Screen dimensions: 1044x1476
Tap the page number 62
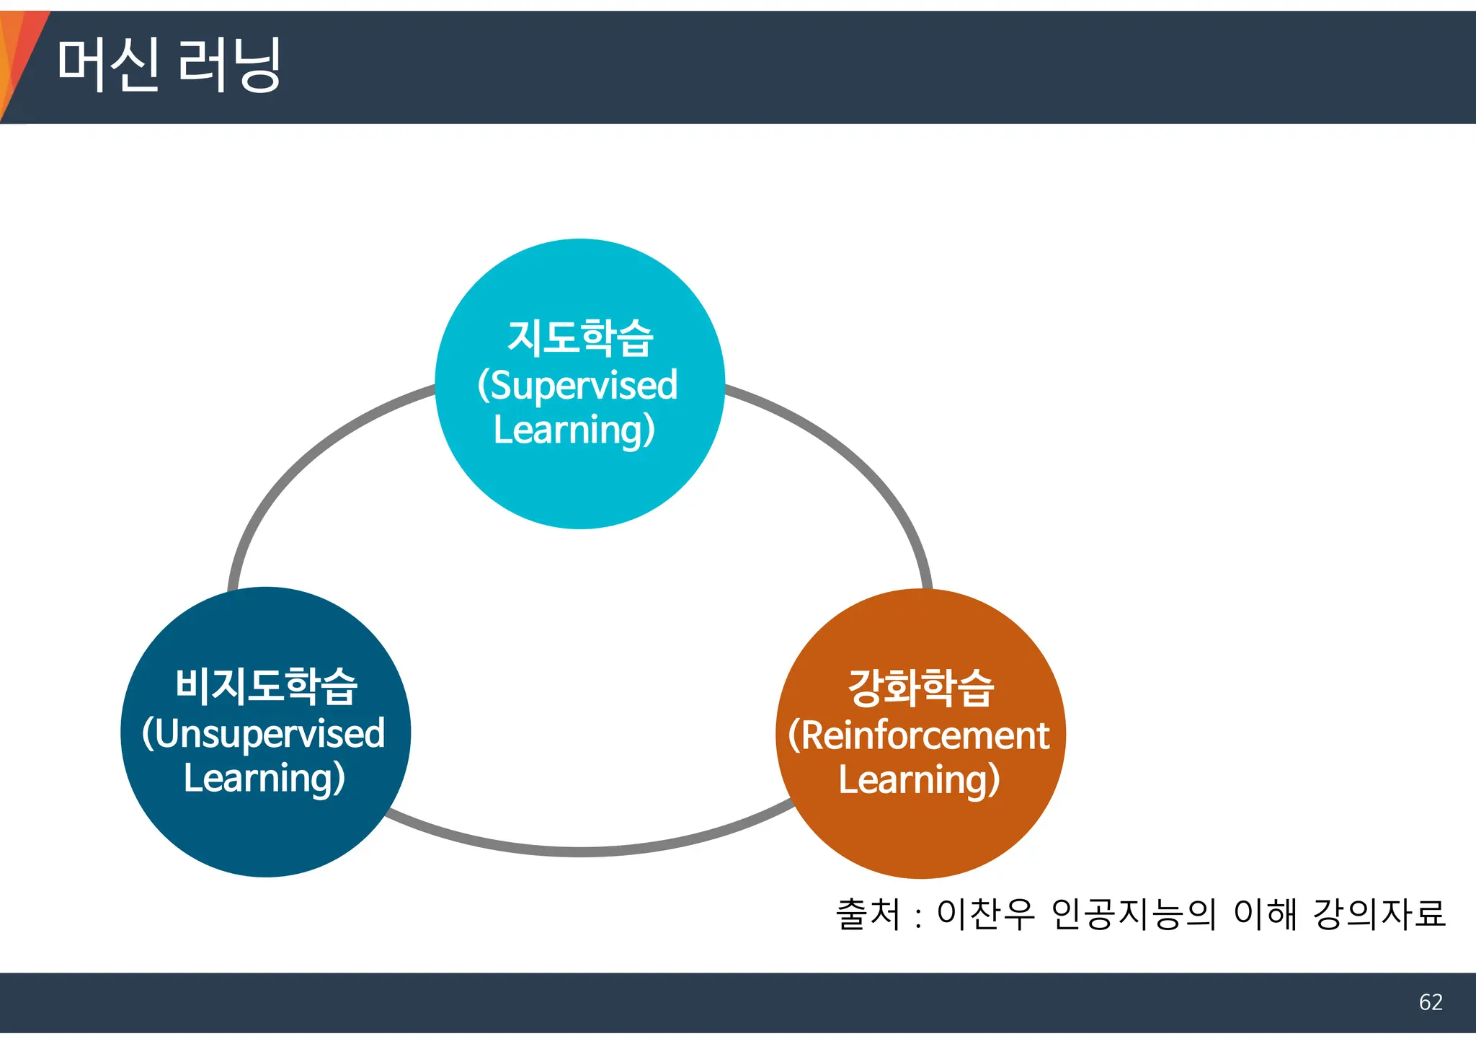tap(1430, 1002)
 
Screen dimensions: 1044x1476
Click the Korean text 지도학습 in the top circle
tap(580, 338)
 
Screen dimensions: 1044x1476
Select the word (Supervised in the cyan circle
tap(577, 385)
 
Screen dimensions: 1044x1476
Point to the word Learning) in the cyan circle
tap(574, 430)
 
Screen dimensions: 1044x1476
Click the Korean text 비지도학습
tap(266, 686)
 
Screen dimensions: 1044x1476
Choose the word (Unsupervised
tap(264, 734)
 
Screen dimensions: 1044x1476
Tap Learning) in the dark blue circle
tap(264, 779)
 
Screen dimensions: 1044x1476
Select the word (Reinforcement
tap(919, 735)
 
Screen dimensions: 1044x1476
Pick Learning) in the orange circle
tap(919, 780)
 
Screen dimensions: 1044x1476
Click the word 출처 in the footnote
tap(868, 914)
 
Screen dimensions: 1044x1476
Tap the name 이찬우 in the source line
tap(985, 914)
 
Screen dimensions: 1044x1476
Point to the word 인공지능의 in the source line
tap(1134, 914)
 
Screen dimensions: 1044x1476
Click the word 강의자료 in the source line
tap(1379, 914)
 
